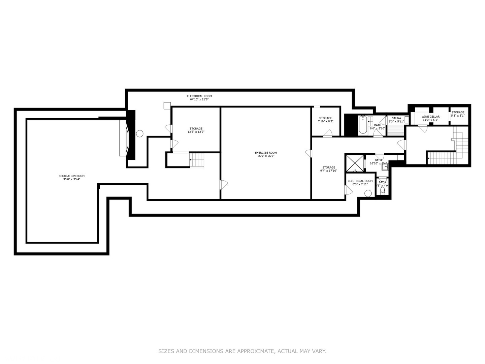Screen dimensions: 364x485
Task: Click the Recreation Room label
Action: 71,176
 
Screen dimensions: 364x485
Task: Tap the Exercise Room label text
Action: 266,153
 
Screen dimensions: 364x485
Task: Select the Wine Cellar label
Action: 430,117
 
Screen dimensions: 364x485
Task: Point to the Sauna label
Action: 396,118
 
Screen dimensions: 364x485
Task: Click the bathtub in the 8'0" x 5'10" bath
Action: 363,125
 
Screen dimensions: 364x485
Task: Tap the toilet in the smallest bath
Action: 382,191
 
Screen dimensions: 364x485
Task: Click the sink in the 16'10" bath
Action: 385,165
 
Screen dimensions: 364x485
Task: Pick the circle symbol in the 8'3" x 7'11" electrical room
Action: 368,193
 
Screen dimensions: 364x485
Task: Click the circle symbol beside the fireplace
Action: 140,133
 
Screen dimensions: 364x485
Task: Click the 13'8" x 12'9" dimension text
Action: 196,132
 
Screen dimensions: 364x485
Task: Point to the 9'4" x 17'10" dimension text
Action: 328,171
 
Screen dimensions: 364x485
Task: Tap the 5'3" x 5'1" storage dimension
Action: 458,116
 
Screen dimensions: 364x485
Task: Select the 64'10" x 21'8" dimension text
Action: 199,99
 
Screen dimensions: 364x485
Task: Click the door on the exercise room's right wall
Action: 308,153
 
